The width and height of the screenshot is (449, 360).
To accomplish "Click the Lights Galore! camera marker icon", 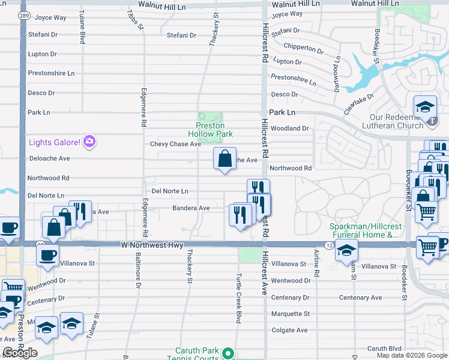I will (x=89, y=142).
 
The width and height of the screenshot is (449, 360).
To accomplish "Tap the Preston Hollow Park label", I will (x=210, y=130).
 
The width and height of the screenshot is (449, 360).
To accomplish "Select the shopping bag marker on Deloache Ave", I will (x=224, y=160).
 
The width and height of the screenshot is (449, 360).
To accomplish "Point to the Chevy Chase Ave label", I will (x=175, y=144).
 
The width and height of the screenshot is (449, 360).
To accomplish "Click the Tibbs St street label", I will (x=136, y=19).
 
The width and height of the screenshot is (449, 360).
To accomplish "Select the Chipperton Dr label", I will (x=304, y=47).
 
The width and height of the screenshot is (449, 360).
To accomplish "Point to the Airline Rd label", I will (x=316, y=264).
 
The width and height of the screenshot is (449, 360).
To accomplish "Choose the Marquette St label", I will (x=290, y=314).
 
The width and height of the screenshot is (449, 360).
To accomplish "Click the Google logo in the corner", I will (x=20, y=353).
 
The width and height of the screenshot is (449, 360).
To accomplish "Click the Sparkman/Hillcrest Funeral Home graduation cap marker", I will (x=346, y=250).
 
